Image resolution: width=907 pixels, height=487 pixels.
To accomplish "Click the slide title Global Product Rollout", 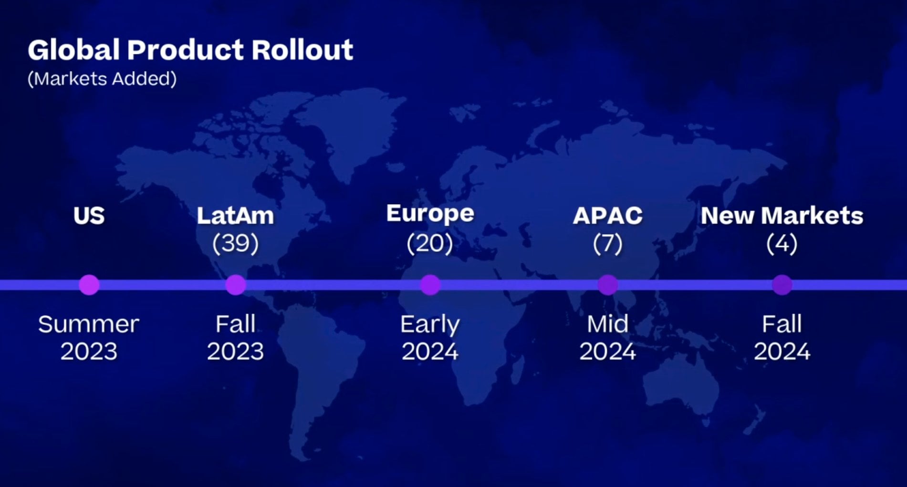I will click(190, 50).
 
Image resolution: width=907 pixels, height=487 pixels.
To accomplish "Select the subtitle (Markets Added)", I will click(102, 79).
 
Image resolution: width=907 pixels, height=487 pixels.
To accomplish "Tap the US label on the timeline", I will click(89, 216).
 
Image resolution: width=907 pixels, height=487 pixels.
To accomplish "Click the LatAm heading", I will click(235, 216).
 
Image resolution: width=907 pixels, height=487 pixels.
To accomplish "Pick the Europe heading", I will click(430, 214).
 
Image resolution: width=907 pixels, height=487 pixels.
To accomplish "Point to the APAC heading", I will click(607, 216).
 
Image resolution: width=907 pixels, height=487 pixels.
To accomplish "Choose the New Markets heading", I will click(782, 216).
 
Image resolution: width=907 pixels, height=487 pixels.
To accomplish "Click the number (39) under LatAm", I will click(235, 243).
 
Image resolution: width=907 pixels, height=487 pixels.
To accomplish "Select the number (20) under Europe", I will click(430, 243).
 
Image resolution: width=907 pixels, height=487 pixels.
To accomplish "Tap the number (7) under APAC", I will click(607, 243).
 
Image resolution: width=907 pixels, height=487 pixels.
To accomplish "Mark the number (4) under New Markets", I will click(782, 243).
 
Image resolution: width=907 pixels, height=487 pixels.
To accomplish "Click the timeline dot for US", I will click(89, 285).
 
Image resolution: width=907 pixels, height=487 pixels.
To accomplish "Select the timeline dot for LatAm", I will click(235, 285).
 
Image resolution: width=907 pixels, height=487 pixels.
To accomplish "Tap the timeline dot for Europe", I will click(430, 285).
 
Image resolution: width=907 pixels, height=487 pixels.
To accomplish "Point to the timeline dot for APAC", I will click(607, 285).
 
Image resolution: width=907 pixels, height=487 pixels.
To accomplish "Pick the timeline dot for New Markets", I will click(782, 285).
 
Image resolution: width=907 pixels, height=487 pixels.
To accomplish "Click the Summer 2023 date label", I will click(89, 338).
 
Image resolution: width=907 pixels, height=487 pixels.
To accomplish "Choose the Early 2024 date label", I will click(430, 338).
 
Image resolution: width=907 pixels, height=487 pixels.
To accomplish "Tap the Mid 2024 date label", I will click(607, 338).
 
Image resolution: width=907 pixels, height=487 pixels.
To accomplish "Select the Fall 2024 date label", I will click(782, 338).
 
